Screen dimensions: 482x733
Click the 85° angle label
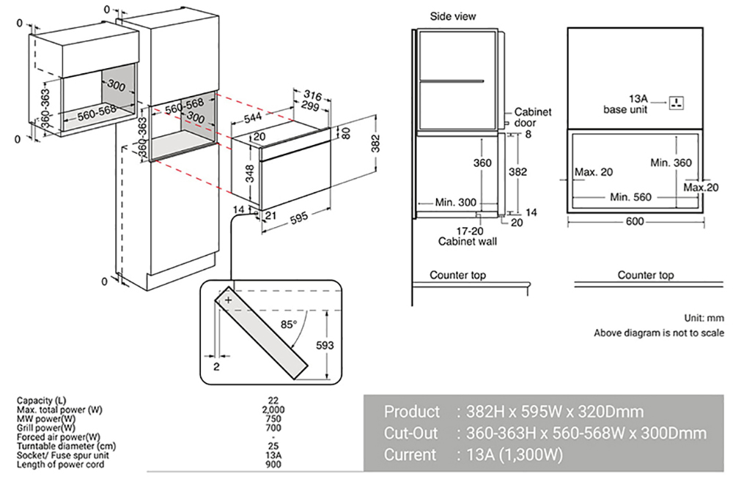[x=288, y=323]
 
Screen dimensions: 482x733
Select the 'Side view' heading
[x=452, y=16]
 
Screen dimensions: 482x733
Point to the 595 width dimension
[x=298, y=218]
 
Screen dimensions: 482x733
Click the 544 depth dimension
[x=253, y=117]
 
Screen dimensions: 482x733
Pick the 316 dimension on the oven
[x=313, y=95]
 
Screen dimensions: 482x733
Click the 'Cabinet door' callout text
[x=532, y=117]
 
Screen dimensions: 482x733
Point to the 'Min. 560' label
[x=631, y=197]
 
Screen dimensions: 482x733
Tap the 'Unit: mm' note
[x=703, y=318]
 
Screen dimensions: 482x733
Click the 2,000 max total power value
[x=273, y=409]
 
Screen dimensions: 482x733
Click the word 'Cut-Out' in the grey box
[x=411, y=433]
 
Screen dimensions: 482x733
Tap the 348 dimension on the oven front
[x=251, y=174]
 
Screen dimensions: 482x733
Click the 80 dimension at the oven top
[x=347, y=133]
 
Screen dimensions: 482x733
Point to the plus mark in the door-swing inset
[x=229, y=300]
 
